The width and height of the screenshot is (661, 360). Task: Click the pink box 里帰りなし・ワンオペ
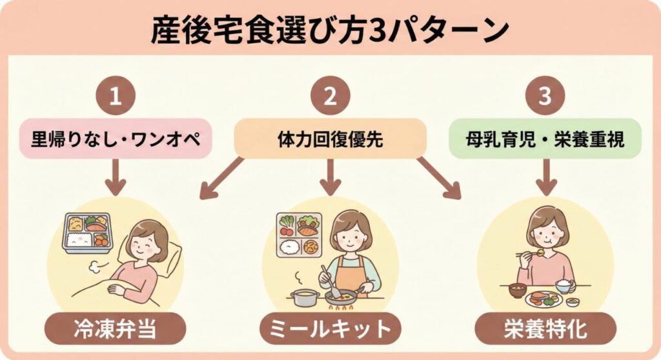116,138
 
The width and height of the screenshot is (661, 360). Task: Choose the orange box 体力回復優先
330,138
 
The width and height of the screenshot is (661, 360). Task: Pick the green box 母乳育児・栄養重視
545,138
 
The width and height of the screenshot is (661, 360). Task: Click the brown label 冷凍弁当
115,328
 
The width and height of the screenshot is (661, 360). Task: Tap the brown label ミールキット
330,328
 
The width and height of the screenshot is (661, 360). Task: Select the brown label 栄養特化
545,328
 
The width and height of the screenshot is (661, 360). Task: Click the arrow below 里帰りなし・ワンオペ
116,177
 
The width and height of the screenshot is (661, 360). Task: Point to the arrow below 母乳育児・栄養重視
545,177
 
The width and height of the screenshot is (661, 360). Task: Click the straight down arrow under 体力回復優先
330,177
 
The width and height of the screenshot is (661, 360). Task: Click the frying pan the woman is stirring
340,297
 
